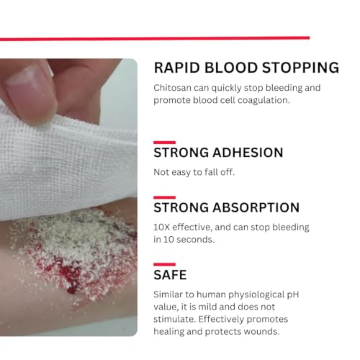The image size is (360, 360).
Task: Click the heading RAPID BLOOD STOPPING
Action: [246, 68]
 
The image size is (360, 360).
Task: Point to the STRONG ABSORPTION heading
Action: [226, 207]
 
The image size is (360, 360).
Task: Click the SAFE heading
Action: [170, 275]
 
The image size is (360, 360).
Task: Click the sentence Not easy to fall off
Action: [194, 172]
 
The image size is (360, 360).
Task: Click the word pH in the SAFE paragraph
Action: [301, 294]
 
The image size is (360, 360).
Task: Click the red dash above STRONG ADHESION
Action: [164, 143]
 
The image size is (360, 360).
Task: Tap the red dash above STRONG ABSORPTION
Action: [164, 197]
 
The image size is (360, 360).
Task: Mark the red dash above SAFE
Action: [164, 264]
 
